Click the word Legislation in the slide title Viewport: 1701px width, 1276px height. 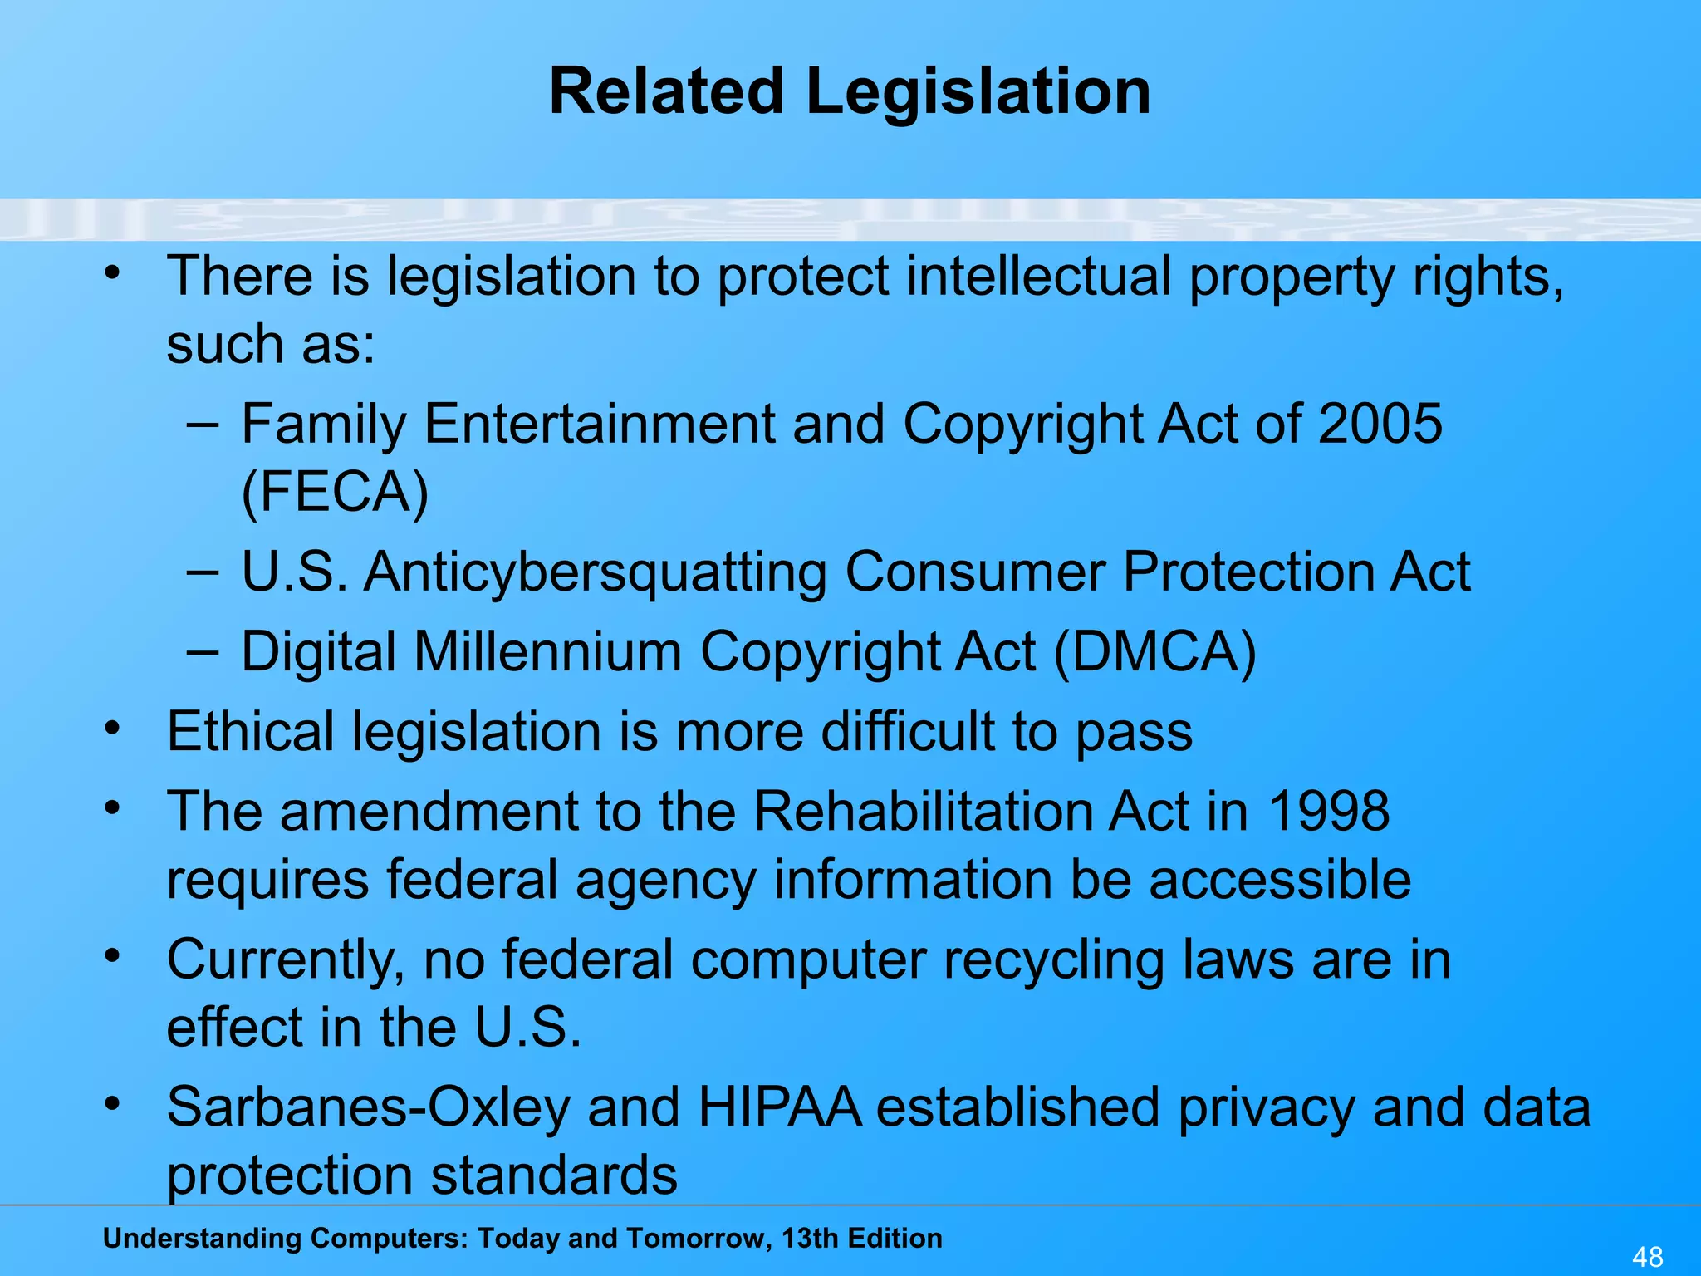click(x=978, y=91)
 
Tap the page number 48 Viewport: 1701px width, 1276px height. click(x=1648, y=1256)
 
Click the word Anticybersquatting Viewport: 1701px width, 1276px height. click(x=595, y=572)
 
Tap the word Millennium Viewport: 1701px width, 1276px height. click(x=548, y=650)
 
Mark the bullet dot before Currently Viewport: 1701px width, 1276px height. click(x=113, y=955)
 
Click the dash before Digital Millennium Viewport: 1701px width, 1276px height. click(x=203, y=652)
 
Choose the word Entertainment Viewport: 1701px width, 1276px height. click(x=600, y=424)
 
